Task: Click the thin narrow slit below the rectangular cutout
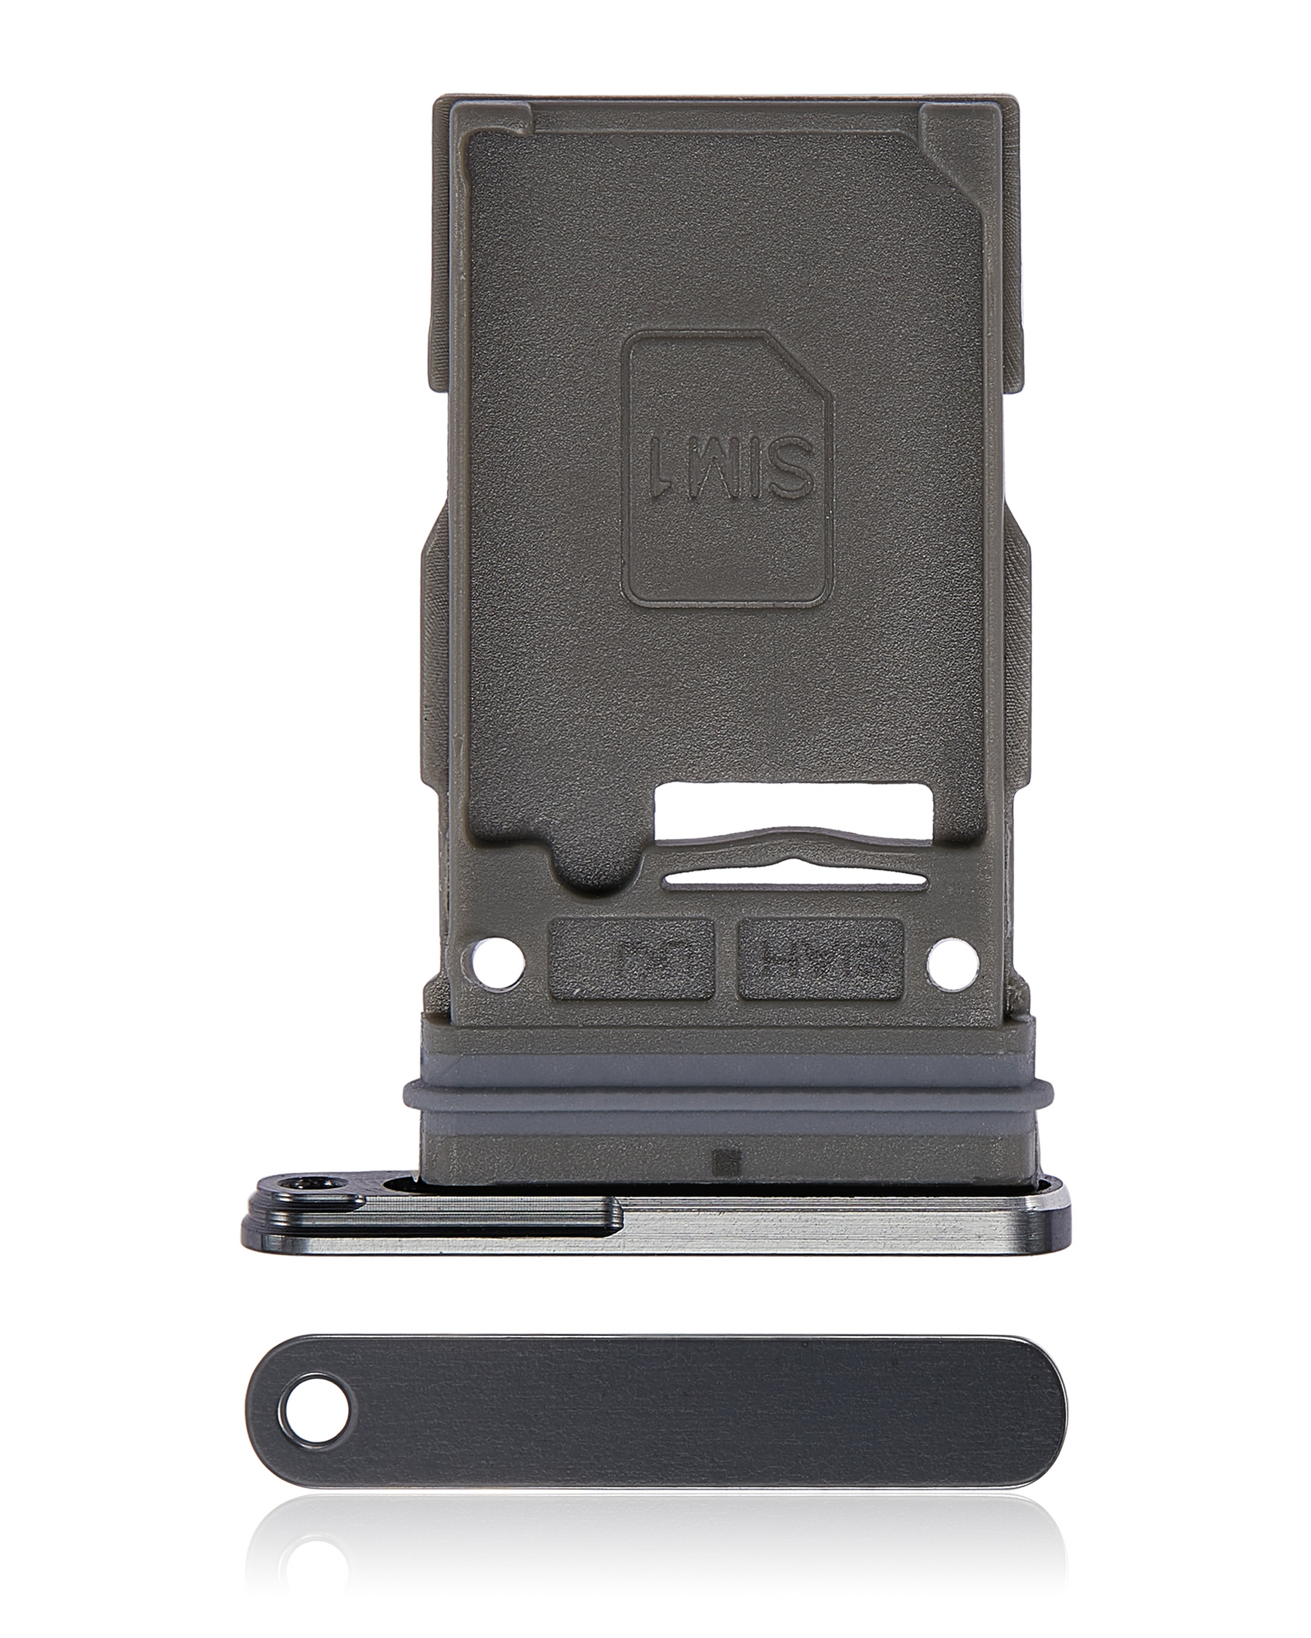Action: click(x=794, y=879)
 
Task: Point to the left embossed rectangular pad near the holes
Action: click(x=630, y=958)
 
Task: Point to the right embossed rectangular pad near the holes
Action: click(x=820, y=958)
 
